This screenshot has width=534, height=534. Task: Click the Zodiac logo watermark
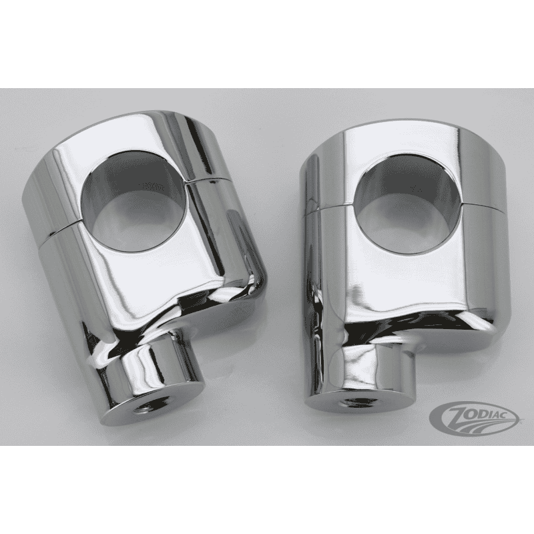tap(474, 419)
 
